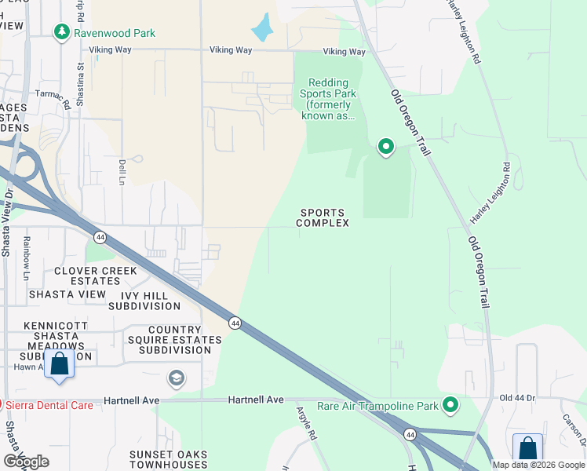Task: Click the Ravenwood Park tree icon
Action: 61,32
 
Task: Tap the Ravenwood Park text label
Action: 115,33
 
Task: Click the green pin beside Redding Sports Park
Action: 385,146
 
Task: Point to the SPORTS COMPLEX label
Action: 323,217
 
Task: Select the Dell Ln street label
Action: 122,166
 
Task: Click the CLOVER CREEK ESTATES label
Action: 95,276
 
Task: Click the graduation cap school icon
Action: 177,379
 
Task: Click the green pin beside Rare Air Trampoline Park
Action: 450,405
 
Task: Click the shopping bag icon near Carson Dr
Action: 527,449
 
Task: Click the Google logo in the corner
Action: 26,462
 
